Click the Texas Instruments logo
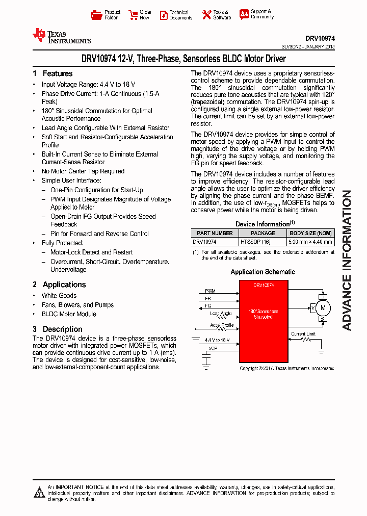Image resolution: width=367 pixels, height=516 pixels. (x=61, y=36)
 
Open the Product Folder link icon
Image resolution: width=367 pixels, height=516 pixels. (x=96, y=15)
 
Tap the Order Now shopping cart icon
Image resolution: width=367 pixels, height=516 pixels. (x=133, y=15)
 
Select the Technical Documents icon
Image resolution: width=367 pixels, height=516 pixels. (x=164, y=15)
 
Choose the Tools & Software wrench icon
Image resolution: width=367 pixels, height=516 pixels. (x=206, y=15)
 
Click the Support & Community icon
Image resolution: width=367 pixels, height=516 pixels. (x=244, y=14)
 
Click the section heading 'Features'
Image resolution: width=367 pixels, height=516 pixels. (x=57, y=73)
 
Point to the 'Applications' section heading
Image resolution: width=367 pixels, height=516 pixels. (x=64, y=285)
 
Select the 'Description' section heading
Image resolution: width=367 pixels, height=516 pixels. (x=62, y=329)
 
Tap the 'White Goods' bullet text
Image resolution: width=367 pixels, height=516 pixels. (x=59, y=296)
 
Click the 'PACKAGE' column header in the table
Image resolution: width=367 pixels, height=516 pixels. (x=263, y=233)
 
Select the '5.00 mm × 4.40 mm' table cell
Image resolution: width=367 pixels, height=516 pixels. (x=310, y=242)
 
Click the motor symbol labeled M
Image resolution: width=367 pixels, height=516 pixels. (x=322, y=307)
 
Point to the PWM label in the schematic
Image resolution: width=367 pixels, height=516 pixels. (x=210, y=291)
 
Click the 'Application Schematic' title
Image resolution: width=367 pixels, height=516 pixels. (x=263, y=272)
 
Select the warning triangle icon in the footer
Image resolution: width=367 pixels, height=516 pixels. (x=39, y=493)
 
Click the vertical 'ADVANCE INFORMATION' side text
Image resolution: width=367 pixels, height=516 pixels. (x=347, y=260)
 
